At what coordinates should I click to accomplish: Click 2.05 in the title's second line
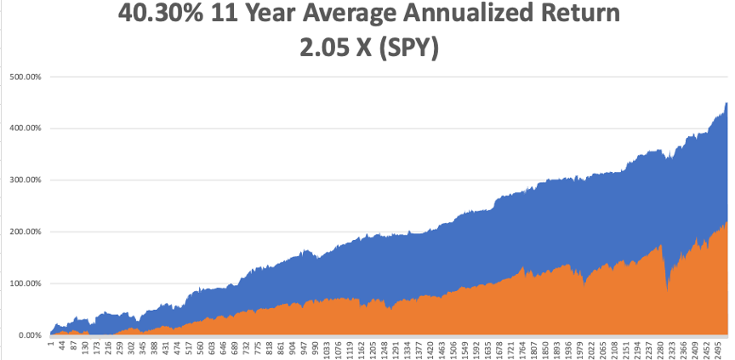[318, 49]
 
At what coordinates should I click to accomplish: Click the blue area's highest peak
[726, 104]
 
